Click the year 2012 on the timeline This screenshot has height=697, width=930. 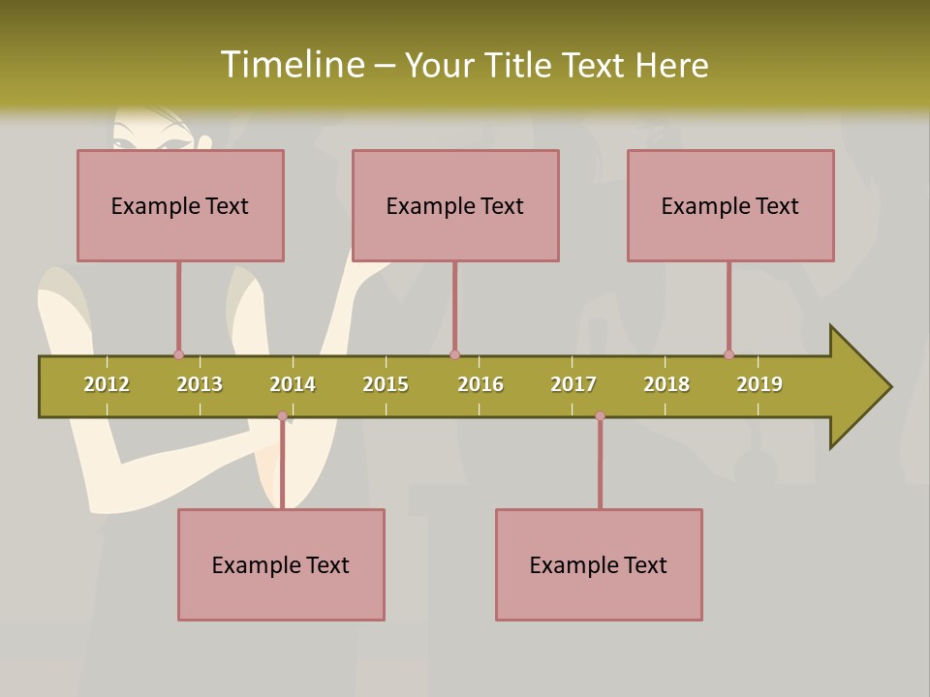pyautogui.click(x=107, y=384)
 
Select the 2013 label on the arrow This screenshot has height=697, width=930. pyautogui.click(x=200, y=384)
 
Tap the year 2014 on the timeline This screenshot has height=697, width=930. pyautogui.click(x=293, y=384)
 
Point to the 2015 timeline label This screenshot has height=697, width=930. pyautogui.click(x=386, y=384)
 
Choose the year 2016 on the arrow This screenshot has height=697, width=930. pyautogui.click(x=480, y=384)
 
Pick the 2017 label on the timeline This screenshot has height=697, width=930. pyautogui.click(x=573, y=384)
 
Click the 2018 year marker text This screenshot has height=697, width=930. pyautogui.click(x=666, y=384)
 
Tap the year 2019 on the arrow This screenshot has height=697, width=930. pyautogui.click(x=759, y=384)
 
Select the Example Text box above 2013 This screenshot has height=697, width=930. pyautogui.click(x=180, y=205)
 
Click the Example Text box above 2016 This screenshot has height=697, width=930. pyautogui.click(x=455, y=205)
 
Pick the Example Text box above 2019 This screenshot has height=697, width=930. pyautogui.click(x=730, y=205)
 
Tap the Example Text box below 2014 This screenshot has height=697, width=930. pyautogui.click(x=281, y=564)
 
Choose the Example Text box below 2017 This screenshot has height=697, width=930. pyautogui.click(x=599, y=564)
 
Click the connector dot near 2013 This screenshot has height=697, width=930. pyautogui.click(x=178, y=354)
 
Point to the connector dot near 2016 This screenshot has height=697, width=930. pyautogui.click(x=454, y=354)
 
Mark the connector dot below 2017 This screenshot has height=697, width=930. pyautogui.click(x=600, y=416)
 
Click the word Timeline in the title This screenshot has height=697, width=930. pyautogui.click(x=292, y=65)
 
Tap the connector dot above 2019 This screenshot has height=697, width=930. pyautogui.click(x=728, y=354)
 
